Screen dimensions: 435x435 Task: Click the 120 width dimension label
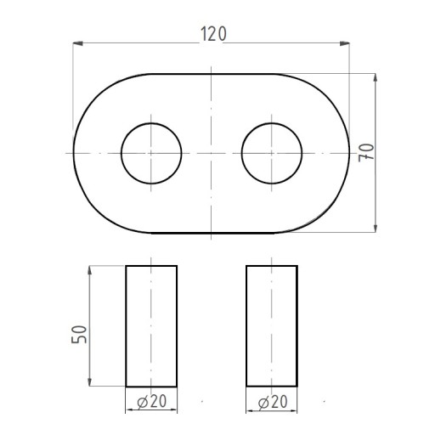pos(214,34)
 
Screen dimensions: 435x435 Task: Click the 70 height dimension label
pos(366,153)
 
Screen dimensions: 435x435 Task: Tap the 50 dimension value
pos(79,335)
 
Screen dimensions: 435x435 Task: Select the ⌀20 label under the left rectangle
pos(152,401)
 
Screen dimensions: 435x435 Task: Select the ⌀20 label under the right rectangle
pos(273,402)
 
